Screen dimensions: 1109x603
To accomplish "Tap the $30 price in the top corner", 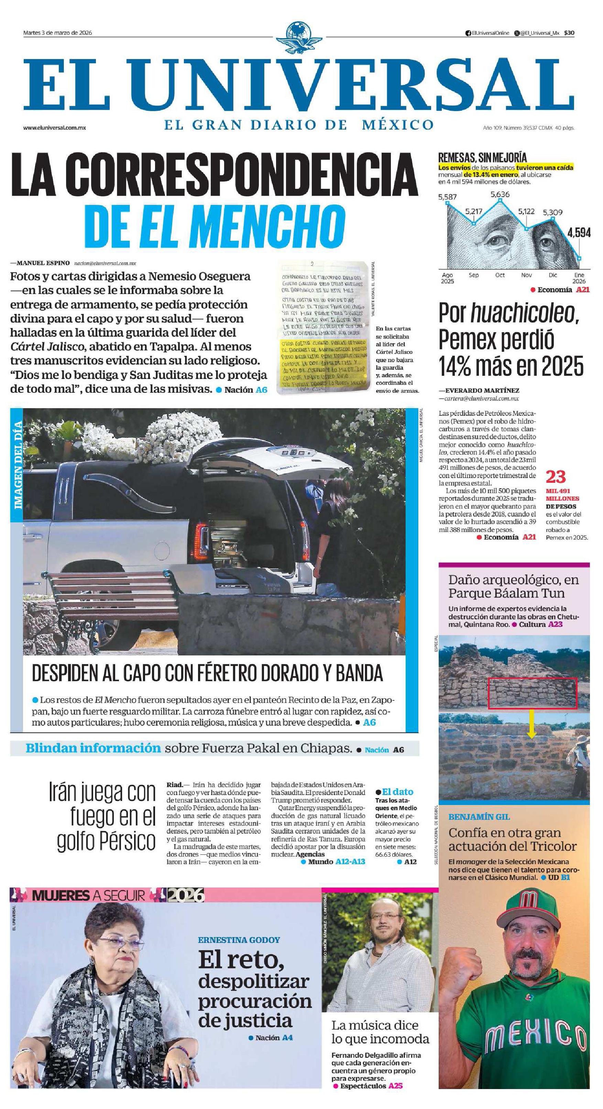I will coord(569,33).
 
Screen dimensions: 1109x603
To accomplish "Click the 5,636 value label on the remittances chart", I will coord(500,194).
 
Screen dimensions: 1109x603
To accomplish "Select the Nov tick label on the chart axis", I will coord(526,275).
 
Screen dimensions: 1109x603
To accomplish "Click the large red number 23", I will coord(555,477).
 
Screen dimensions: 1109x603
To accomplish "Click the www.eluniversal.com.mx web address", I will coord(55,128).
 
